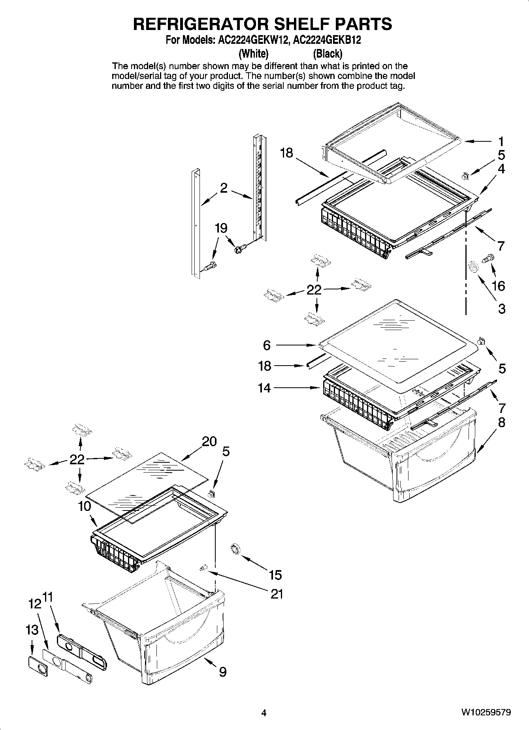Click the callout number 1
pos(501,141)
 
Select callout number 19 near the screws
pos(221,228)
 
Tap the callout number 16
pos(499,285)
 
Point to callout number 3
pos(501,308)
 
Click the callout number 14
pos(264,388)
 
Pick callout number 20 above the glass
pos(209,441)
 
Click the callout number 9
pos(222,672)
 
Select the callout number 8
pos(501,423)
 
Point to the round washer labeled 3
pos(472,268)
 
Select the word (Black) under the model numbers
pos(327,53)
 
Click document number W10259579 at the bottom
pos(486,713)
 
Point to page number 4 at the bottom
pos(264,713)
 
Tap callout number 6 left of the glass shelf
pos(267,345)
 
